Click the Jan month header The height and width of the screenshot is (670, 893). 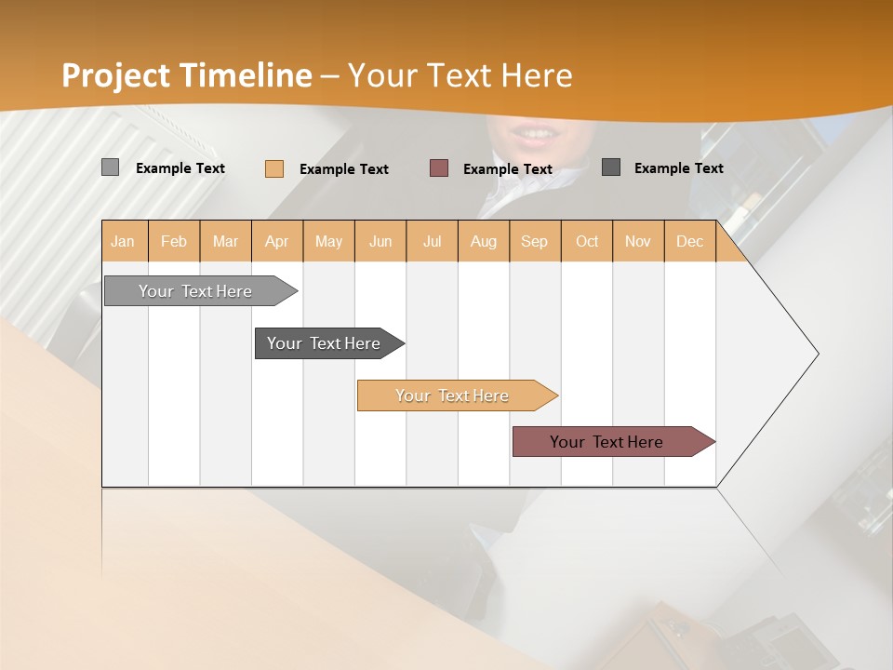point(124,241)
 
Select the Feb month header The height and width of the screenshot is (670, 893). point(174,241)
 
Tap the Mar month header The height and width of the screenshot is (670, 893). point(225,241)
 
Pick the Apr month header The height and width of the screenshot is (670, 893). point(277,241)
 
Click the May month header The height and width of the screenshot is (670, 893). point(328,241)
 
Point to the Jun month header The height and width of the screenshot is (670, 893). point(380,241)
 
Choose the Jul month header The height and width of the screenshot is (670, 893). point(432,241)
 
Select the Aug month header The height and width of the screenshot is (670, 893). point(484,241)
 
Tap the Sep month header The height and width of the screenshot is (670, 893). point(535,241)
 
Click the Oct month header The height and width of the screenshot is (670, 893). point(587,241)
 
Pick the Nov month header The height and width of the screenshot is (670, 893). point(638,241)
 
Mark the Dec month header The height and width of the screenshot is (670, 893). point(690,241)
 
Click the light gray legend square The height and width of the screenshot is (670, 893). point(110,167)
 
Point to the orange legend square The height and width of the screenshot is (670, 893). point(273,168)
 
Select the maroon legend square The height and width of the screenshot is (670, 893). point(439,168)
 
